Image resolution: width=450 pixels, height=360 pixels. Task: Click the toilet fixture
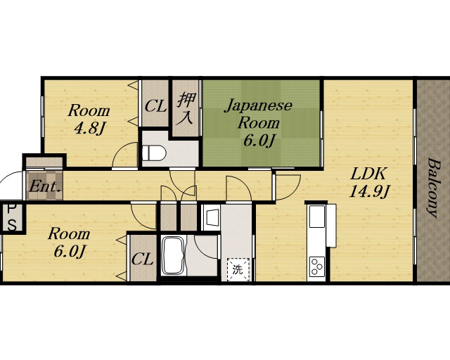tap(154, 153)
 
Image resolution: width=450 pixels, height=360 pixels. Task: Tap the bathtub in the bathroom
tap(174, 256)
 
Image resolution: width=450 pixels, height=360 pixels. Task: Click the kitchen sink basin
tap(317, 216)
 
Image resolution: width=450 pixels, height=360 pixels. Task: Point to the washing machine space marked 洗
tap(238, 269)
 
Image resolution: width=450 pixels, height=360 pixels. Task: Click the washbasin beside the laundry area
tap(212, 218)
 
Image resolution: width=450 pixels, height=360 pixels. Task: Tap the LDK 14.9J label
tap(368, 183)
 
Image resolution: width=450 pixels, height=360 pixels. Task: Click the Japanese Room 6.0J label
tap(259, 123)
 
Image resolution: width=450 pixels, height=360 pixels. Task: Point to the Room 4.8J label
tap(89, 120)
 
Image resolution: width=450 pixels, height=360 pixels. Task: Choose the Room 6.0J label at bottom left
tap(69, 243)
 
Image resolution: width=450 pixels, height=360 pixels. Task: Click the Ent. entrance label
tap(45, 187)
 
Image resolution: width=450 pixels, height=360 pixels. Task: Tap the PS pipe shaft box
tap(11, 217)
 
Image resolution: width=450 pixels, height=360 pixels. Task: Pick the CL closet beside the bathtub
tap(142, 260)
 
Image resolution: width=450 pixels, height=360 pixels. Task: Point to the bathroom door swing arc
tap(200, 250)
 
